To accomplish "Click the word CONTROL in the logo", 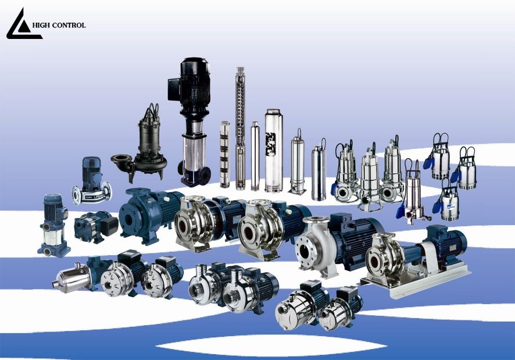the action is (69, 26).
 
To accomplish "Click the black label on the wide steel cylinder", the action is (271, 144).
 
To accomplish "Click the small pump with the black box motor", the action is (96, 226).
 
